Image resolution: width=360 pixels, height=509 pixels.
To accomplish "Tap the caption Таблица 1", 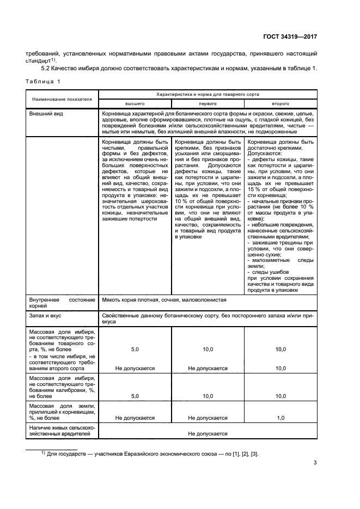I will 44,81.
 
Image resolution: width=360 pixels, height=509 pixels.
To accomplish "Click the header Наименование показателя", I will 62,99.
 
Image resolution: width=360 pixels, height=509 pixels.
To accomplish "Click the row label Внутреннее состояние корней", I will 62,303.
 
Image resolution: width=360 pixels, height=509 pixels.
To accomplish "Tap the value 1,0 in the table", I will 280,418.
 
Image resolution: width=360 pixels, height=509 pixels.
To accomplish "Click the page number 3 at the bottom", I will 315,463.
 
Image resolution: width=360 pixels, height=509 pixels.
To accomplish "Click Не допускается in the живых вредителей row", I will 208,433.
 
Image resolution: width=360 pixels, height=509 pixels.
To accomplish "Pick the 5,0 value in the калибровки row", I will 135,397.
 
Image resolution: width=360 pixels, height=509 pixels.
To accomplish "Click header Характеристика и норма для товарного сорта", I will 208,94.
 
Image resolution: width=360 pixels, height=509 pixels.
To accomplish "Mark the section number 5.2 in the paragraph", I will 47,69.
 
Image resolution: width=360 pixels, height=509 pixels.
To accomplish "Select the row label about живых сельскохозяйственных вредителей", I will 62,431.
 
